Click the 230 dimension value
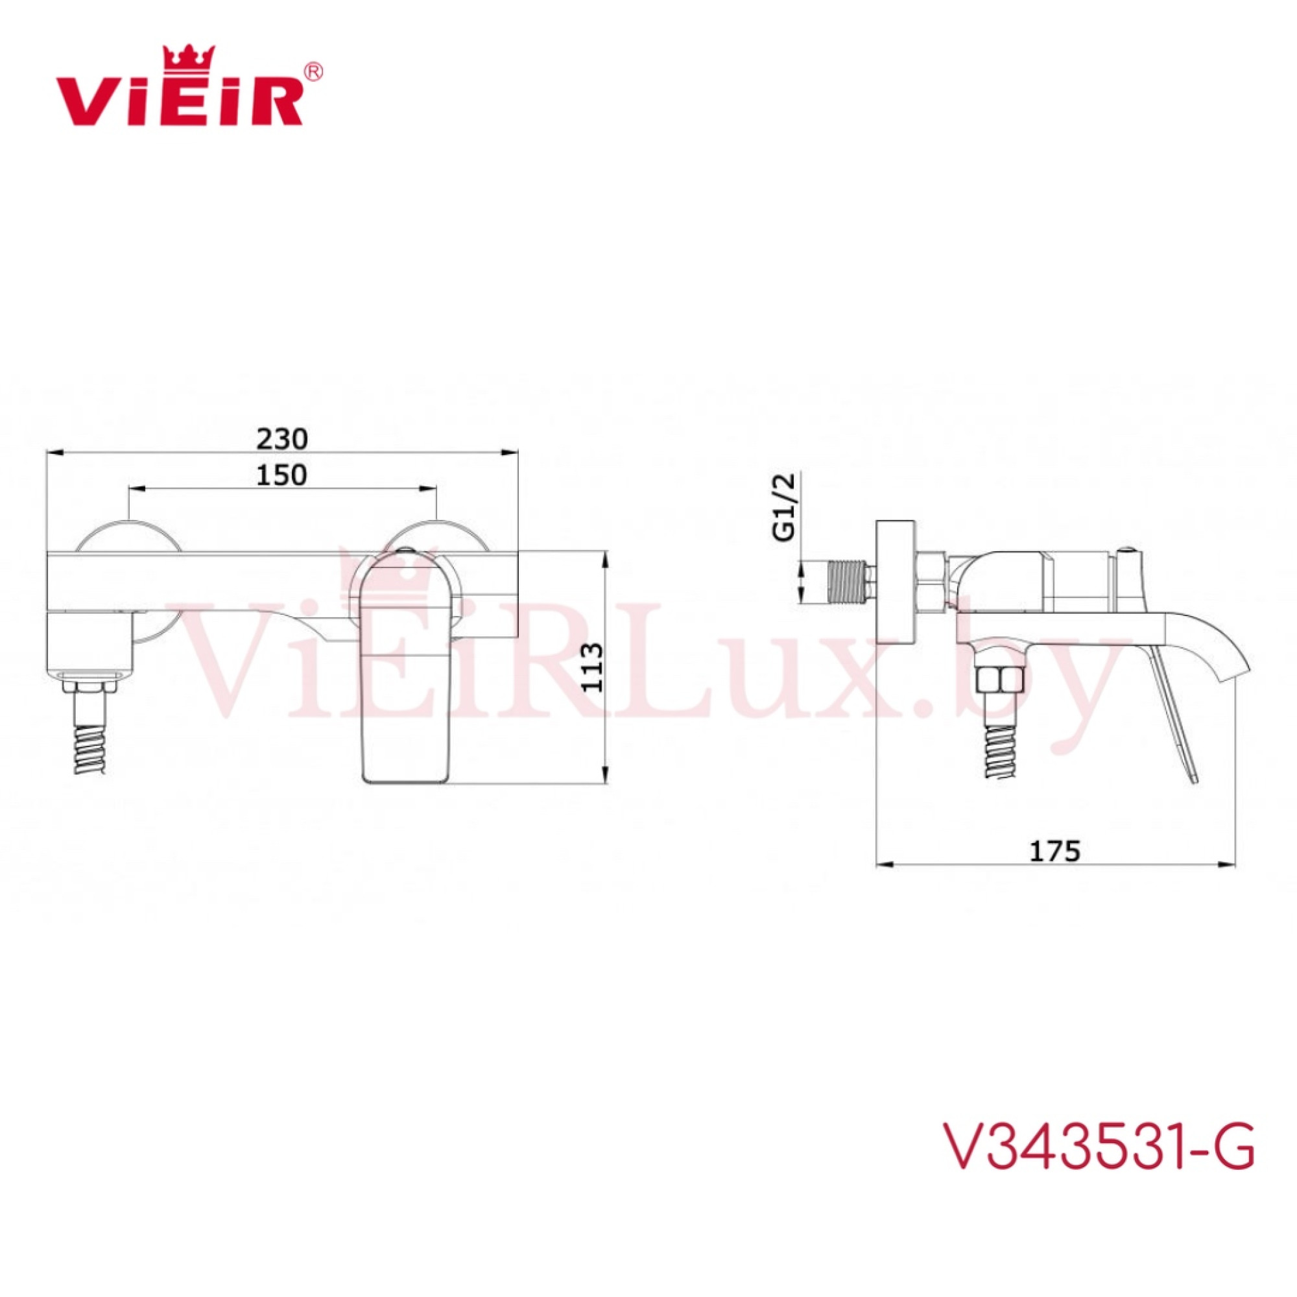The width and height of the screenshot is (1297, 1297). tap(282, 439)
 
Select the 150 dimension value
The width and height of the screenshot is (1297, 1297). tap(282, 475)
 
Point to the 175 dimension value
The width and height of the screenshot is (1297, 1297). tap(1054, 851)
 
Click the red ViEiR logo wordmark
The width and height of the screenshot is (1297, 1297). tap(177, 101)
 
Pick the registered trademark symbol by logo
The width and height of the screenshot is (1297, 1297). tap(314, 71)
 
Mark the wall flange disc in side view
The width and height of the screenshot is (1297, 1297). tap(896, 581)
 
